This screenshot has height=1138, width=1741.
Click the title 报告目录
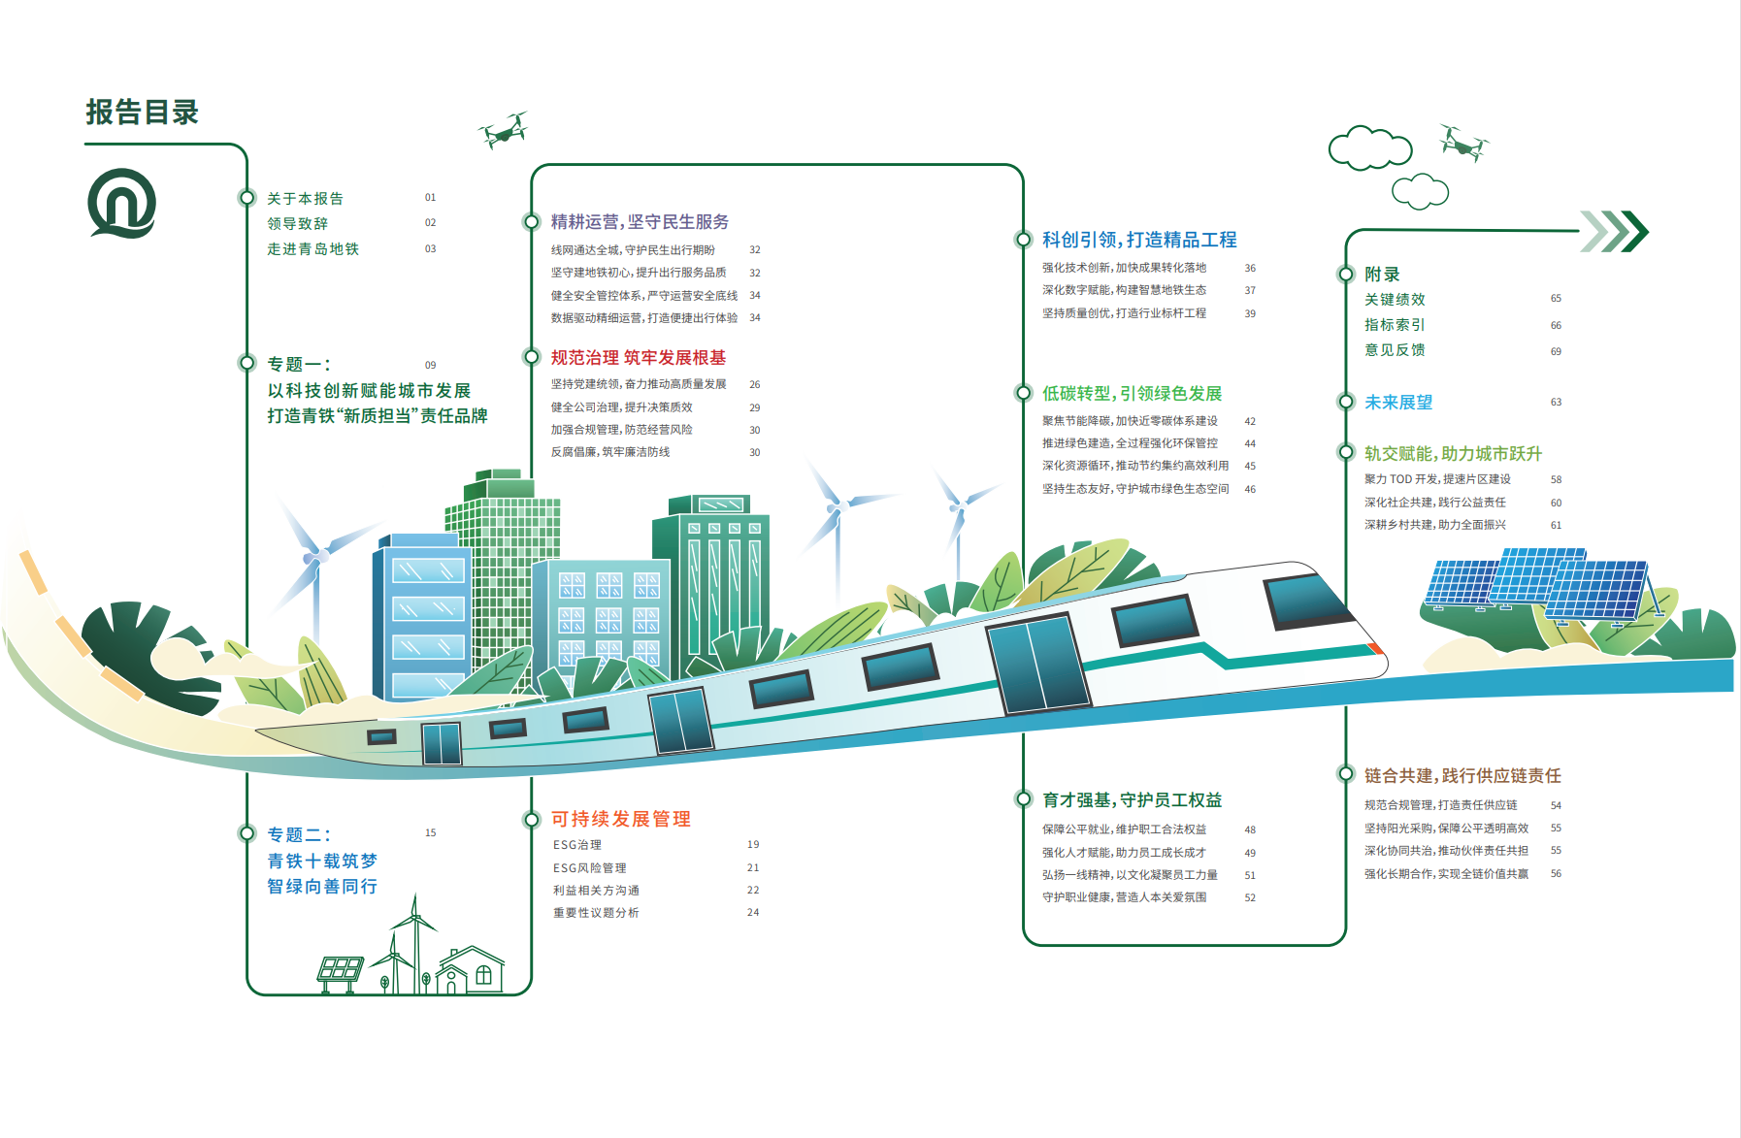(142, 113)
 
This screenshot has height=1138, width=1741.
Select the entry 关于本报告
(306, 199)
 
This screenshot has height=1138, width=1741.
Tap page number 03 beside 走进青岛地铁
(430, 249)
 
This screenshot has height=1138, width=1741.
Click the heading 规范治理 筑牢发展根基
(639, 358)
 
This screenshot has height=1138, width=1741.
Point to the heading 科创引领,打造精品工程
(1139, 240)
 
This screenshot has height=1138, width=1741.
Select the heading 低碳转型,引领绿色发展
(1132, 393)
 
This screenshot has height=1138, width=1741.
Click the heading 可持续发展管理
(621, 819)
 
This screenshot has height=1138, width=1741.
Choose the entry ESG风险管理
(590, 868)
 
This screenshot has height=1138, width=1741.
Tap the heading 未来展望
(1398, 403)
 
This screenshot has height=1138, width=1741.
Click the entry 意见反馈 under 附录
(1395, 350)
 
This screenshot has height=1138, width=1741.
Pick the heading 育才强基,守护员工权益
(1132, 800)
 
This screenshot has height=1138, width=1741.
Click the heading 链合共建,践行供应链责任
(1462, 776)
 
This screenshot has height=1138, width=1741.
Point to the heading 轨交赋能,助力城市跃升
(1453, 454)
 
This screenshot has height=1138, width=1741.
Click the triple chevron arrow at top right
(1614, 231)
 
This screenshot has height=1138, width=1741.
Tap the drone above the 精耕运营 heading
(504, 130)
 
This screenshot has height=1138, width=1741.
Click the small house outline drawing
(470, 970)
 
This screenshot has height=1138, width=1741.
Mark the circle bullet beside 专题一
(246, 363)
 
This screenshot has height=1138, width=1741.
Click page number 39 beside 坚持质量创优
(1250, 314)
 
